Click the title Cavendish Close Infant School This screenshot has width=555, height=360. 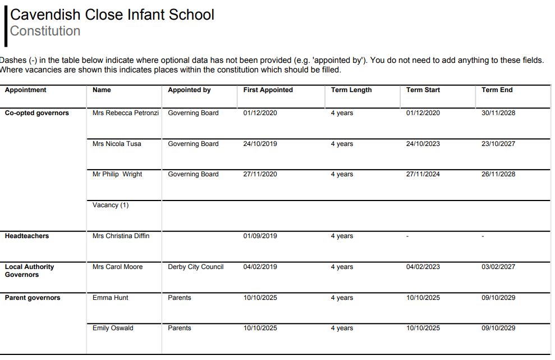[x=112, y=15]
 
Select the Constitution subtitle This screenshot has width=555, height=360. [x=45, y=31]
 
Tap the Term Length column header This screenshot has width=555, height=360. [x=351, y=90]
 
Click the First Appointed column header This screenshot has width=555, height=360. [x=268, y=90]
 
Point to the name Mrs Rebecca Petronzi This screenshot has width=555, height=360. [x=125, y=113]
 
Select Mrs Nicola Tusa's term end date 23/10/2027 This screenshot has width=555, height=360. [x=498, y=144]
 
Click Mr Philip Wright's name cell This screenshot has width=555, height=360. [x=117, y=174]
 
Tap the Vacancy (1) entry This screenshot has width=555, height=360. [x=110, y=205]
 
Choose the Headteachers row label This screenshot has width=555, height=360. [x=26, y=236]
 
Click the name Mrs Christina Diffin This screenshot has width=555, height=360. [x=121, y=236]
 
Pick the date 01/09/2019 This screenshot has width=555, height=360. [x=260, y=236]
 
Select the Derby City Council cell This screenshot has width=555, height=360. [x=195, y=267]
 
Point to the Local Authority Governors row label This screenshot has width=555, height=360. [x=29, y=271]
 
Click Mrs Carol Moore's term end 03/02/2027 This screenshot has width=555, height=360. [x=498, y=267]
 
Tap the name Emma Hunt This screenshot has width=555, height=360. [x=110, y=298]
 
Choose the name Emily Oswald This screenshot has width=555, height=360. [x=113, y=328]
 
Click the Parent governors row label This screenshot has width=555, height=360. [x=32, y=298]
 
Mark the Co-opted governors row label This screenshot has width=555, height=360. [x=36, y=113]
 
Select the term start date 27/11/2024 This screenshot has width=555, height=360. [x=423, y=174]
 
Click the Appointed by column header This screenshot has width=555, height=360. [x=189, y=90]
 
